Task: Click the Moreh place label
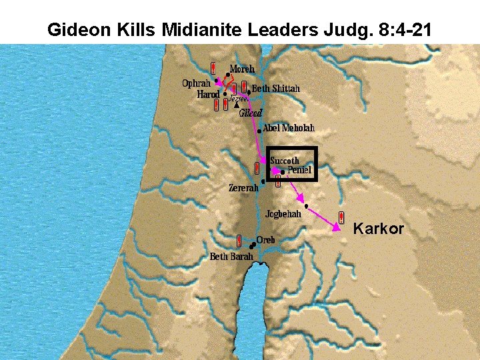point(243,69)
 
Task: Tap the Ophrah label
point(196,83)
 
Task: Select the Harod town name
point(208,95)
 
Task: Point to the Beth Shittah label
point(276,89)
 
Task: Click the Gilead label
point(251,113)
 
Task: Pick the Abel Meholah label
point(289,128)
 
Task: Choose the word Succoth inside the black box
point(285,161)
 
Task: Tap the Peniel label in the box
point(299,171)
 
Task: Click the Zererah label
point(243,189)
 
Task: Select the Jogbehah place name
point(283,214)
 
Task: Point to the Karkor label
point(379,229)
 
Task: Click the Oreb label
point(266,240)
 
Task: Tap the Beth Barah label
point(231,257)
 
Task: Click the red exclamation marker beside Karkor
point(341,217)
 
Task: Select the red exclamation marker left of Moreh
point(213,68)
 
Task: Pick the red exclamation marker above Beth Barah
point(239,240)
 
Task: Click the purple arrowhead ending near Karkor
point(337,228)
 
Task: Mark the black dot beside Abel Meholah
point(259,131)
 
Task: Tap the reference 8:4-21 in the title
point(401,30)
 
